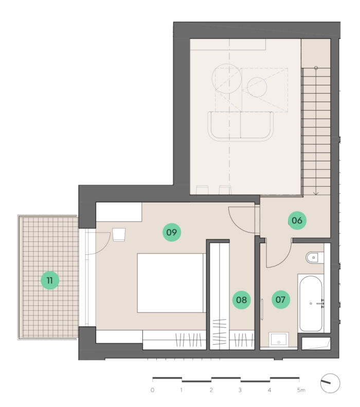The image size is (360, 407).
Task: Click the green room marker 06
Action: (x=297, y=220)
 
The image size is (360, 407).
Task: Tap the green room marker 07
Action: (x=280, y=300)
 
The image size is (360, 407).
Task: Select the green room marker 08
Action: (x=241, y=300)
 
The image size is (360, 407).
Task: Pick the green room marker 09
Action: (x=172, y=232)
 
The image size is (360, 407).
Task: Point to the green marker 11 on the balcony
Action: (x=50, y=281)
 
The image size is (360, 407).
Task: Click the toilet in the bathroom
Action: (x=315, y=258)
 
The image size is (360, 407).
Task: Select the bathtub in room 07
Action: (x=311, y=303)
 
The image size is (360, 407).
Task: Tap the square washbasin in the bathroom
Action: (x=278, y=339)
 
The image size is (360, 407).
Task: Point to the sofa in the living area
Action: (x=241, y=126)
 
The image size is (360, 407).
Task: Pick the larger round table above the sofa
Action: (x=227, y=79)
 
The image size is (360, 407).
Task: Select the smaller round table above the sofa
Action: (x=257, y=87)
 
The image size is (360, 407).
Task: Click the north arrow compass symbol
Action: (x=330, y=383)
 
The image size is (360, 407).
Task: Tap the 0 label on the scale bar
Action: (x=152, y=390)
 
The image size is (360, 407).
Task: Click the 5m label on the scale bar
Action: (x=301, y=390)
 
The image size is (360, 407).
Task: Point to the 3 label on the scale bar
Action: (x=240, y=390)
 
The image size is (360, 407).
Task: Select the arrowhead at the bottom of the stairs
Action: (x=316, y=193)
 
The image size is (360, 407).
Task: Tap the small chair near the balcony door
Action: (x=119, y=235)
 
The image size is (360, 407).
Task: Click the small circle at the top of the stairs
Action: (x=316, y=68)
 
